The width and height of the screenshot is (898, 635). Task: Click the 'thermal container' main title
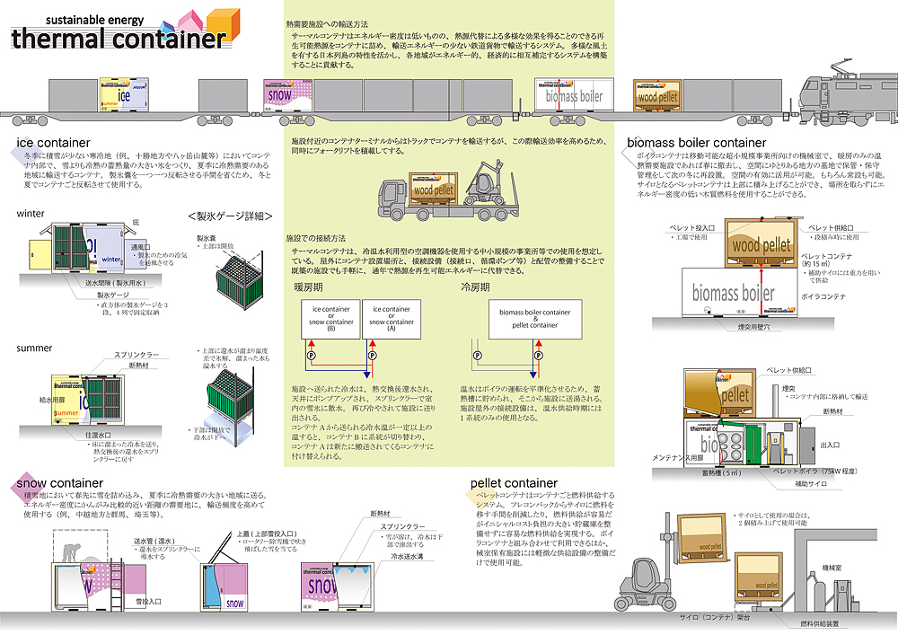point(119,39)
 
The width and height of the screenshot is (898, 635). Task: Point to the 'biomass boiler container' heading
point(696,143)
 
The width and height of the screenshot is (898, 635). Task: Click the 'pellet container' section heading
point(507,483)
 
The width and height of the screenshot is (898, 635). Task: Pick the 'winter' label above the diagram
point(31,214)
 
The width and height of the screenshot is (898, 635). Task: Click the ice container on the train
point(123,93)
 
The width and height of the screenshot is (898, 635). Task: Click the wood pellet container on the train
point(660,94)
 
